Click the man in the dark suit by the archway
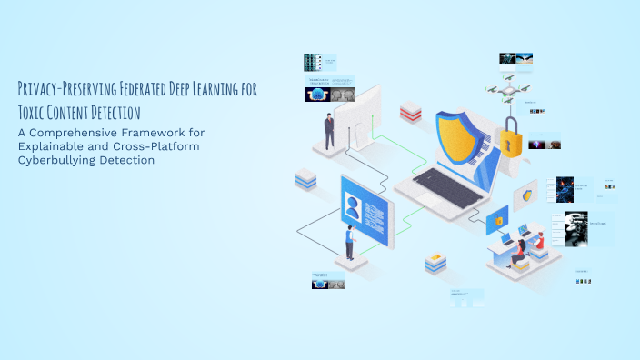point(329,130)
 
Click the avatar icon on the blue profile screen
point(353,207)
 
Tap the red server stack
point(411,113)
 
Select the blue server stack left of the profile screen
point(305,180)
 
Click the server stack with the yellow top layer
point(435,264)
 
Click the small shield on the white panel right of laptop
point(526,195)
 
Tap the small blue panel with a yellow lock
point(498,220)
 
